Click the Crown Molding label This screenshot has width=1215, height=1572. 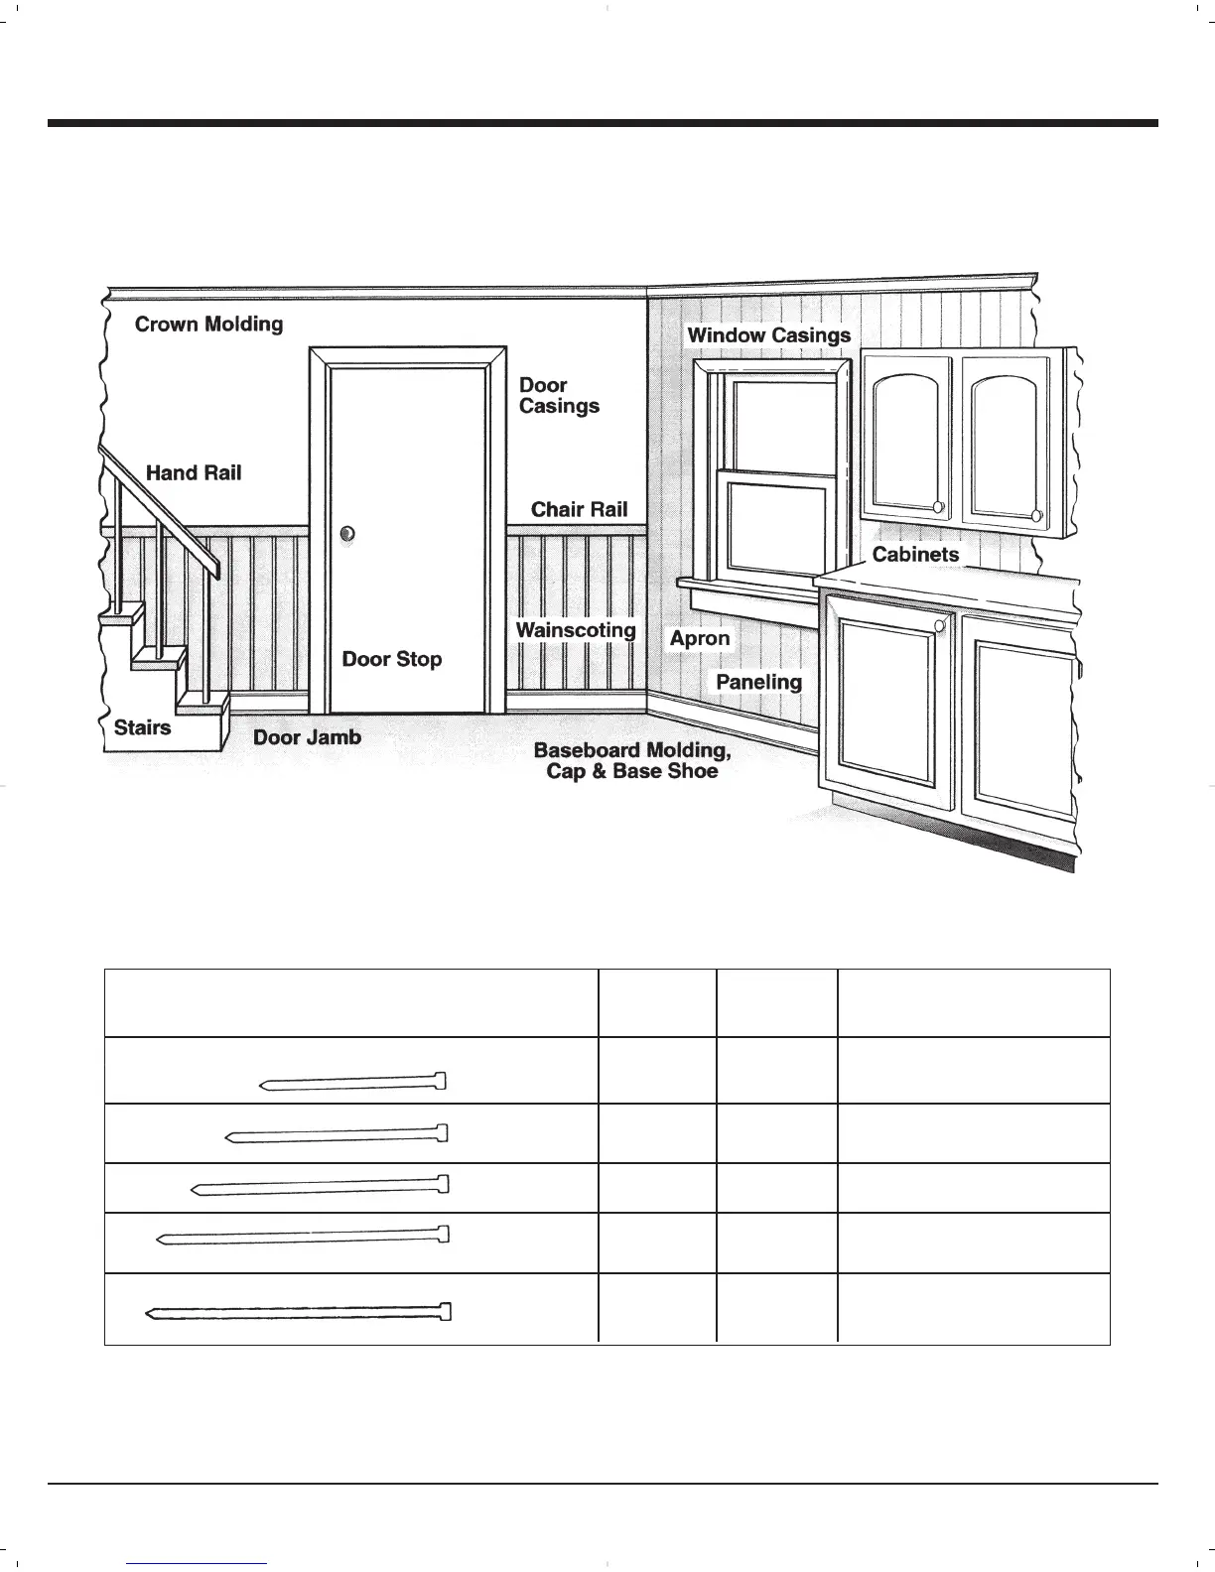pos(208,325)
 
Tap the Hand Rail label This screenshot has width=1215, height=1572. pos(194,473)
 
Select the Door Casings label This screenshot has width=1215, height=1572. pos(559,395)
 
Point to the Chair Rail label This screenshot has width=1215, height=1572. pos(580,509)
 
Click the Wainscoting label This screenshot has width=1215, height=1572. pos(576,630)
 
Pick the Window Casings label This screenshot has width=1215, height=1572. pos(769,335)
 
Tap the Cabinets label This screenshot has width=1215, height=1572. pos(915,554)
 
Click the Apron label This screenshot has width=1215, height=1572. pos(700,638)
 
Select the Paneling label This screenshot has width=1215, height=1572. pos(758,682)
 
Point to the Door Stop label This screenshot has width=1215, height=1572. pos(392,659)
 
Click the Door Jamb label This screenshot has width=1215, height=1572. pos(307,737)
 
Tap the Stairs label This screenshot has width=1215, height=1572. pos(143,727)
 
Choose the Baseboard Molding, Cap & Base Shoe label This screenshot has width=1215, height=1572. pos(632,761)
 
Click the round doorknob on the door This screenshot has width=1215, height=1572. pos(346,534)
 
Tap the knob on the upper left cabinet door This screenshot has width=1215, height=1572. pos(938,508)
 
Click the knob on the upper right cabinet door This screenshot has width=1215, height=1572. pos(1036,515)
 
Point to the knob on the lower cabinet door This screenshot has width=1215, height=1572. pos(940,624)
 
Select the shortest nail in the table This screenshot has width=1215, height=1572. pos(353,1082)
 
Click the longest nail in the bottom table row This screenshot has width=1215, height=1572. pos(298,1313)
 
